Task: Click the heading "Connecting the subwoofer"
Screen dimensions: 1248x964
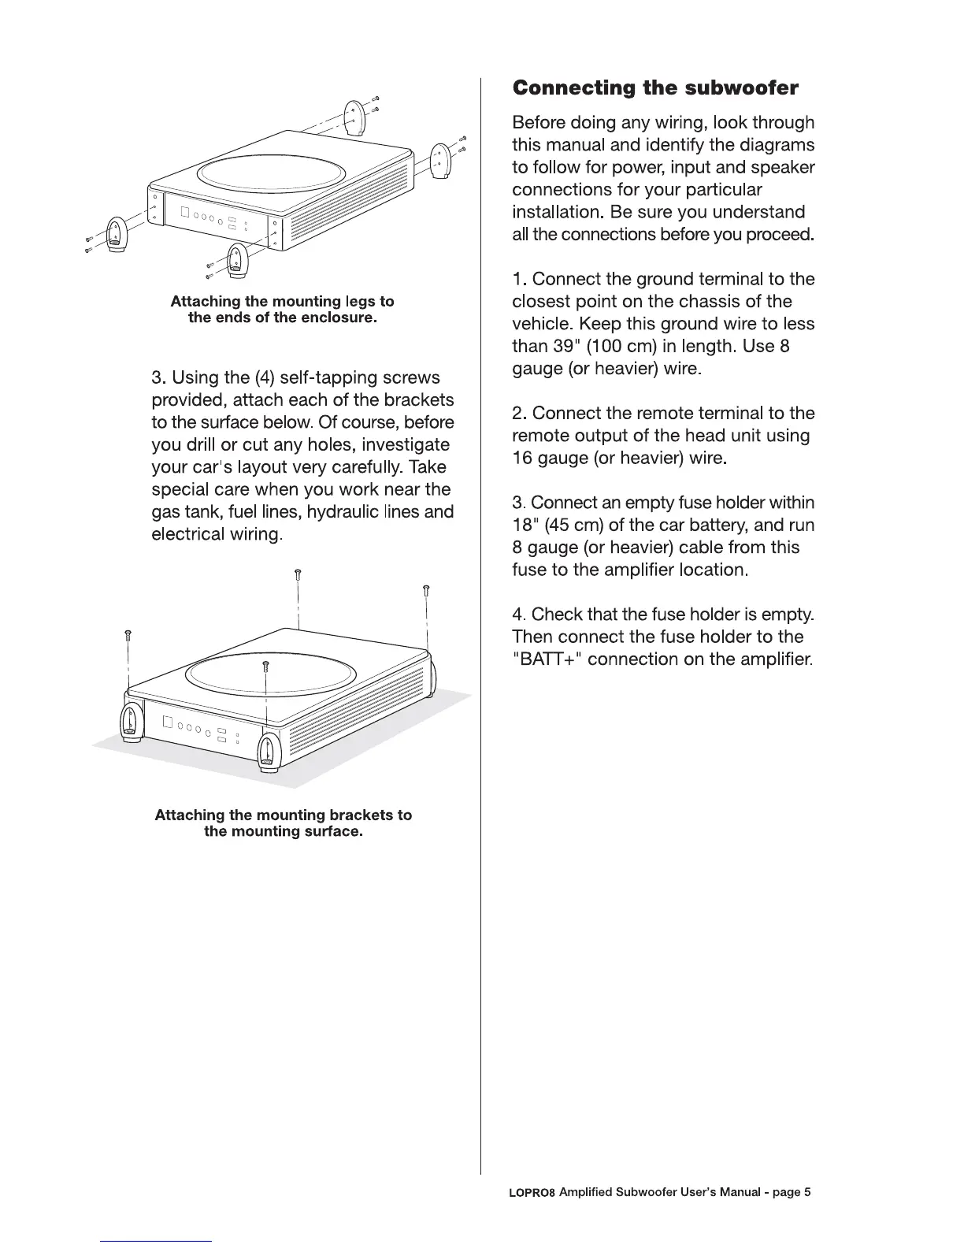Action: (655, 87)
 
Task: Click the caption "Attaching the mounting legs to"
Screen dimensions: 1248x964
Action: (282, 301)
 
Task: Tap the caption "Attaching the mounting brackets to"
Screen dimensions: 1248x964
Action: (283, 815)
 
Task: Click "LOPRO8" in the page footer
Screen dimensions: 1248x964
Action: (533, 1192)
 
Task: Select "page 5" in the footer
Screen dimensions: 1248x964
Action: (792, 1192)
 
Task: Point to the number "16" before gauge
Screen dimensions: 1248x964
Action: (523, 458)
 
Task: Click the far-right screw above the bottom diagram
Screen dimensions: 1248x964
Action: (426, 589)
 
